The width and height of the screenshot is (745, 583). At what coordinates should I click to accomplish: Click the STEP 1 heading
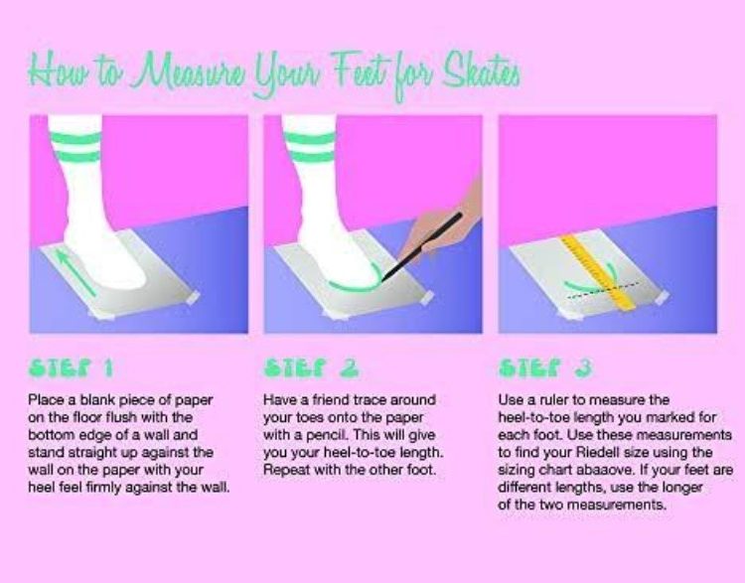(72, 367)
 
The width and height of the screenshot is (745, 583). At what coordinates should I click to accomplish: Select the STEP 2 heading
(311, 367)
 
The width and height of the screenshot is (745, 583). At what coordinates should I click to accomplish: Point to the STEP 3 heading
(545, 367)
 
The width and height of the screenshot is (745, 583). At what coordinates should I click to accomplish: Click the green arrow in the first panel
(75, 271)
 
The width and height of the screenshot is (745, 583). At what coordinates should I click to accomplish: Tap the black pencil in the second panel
(422, 246)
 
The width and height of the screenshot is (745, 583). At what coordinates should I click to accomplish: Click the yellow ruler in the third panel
(599, 272)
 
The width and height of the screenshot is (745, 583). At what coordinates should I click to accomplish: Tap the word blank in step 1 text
(97, 399)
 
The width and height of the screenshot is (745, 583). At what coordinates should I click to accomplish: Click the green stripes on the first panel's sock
(75, 147)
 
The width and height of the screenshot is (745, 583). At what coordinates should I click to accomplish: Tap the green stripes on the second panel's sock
(309, 147)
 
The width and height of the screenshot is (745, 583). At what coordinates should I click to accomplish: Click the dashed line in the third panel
(603, 290)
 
